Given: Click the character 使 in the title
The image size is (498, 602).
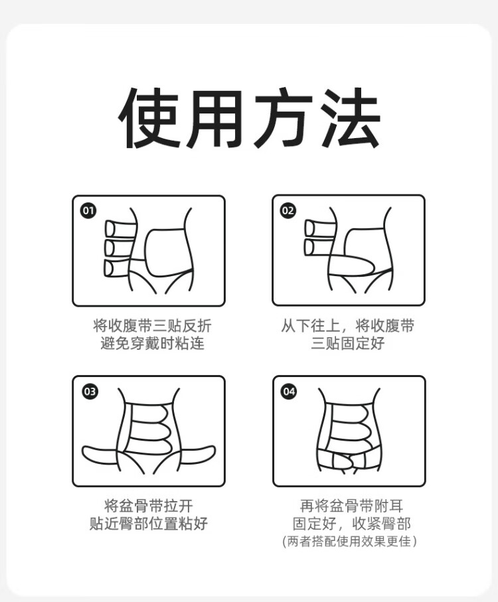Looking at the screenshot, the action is point(149,117).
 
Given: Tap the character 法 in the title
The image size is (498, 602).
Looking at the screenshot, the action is point(349,117).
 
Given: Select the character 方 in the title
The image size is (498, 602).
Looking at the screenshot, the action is point(284,117).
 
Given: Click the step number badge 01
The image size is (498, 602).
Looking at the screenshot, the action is point(88,210).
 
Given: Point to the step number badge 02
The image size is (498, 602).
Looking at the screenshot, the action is point(288,210).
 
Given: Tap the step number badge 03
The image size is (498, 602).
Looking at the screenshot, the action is point(90,391).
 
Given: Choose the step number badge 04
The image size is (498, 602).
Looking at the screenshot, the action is point(289,391).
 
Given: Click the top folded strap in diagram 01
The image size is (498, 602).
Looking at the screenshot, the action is point(120,229).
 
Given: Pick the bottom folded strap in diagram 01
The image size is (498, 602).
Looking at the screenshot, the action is point(118,268).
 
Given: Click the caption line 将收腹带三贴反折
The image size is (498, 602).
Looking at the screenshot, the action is point(152,326).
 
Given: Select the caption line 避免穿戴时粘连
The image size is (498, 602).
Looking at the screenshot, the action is point(152,343).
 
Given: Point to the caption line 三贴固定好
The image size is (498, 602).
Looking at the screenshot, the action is point(347,343).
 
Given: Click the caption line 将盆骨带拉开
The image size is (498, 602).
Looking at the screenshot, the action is point(148,506).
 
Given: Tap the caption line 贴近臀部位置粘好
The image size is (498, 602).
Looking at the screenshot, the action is point(148,523).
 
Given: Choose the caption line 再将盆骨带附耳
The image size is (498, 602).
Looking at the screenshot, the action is point(351,506).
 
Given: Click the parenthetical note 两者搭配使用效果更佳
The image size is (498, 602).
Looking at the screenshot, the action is point(349,542).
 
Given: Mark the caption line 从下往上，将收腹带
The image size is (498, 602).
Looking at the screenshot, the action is point(347,326).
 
